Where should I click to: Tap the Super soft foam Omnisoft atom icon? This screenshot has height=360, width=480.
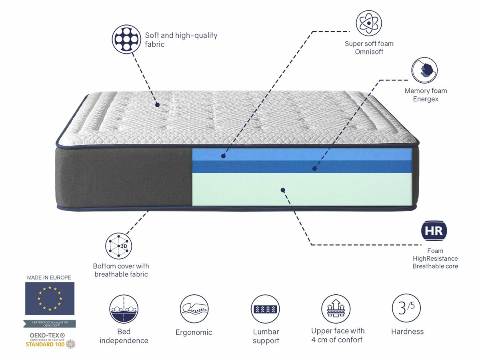click(368, 24)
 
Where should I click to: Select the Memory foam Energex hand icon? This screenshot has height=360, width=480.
click(425, 70)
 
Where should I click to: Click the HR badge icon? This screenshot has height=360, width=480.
click(434, 231)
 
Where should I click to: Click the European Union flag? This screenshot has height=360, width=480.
click(50, 298)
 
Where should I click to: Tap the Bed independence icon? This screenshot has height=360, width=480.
click(124, 309)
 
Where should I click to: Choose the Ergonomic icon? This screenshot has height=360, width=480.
click(194, 309)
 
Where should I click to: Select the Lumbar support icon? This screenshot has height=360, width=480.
click(266, 309)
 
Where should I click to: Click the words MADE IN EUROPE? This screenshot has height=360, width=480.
click(49, 277)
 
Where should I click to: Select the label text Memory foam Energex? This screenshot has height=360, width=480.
click(426, 95)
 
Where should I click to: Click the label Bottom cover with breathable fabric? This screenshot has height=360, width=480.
click(121, 270)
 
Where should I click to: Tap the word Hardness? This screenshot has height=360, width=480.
click(407, 331)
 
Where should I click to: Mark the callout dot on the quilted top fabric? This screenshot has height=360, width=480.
click(157, 105)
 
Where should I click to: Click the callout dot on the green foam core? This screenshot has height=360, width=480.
click(283, 190)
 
